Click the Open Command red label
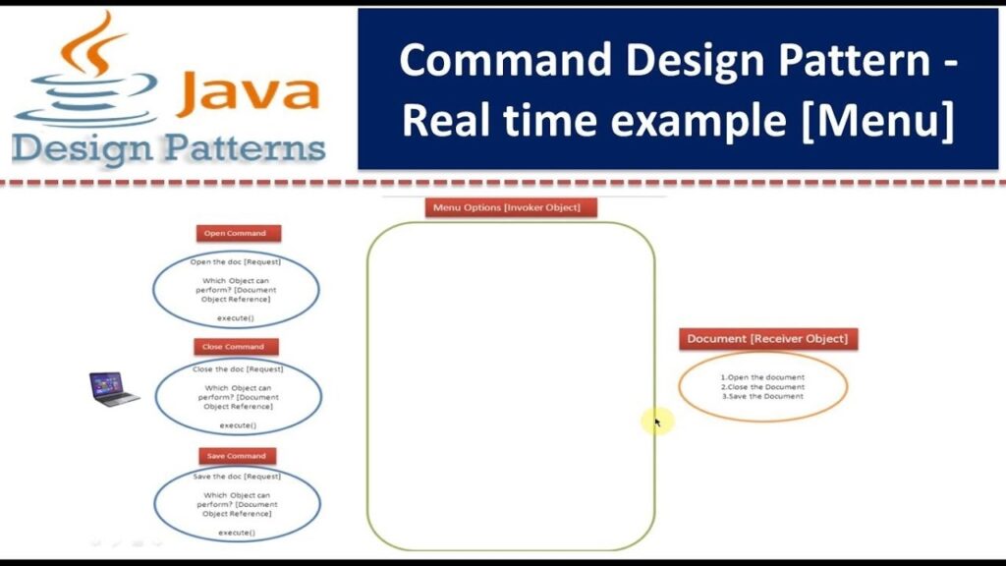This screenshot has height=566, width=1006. pos(238,233)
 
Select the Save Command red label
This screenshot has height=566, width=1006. pos(236,456)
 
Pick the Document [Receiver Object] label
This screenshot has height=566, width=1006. pos(767,338)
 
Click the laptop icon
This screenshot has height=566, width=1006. pos(113,388)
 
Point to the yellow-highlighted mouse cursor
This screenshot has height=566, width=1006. pos(653,422)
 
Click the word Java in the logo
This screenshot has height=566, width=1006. pos(250,92)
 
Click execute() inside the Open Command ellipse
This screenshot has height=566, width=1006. pos(236,318)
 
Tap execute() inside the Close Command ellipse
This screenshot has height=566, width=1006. pos(238,425)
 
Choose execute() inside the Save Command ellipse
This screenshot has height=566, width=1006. pos(236,533)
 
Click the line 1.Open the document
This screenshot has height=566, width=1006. pos(762,377)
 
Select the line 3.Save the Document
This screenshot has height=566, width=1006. pos(762,396)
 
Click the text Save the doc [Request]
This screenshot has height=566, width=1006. pos(236,477)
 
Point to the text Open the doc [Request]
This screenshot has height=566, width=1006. pos(236,262)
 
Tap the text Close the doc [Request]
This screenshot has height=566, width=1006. pos(238,369)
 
